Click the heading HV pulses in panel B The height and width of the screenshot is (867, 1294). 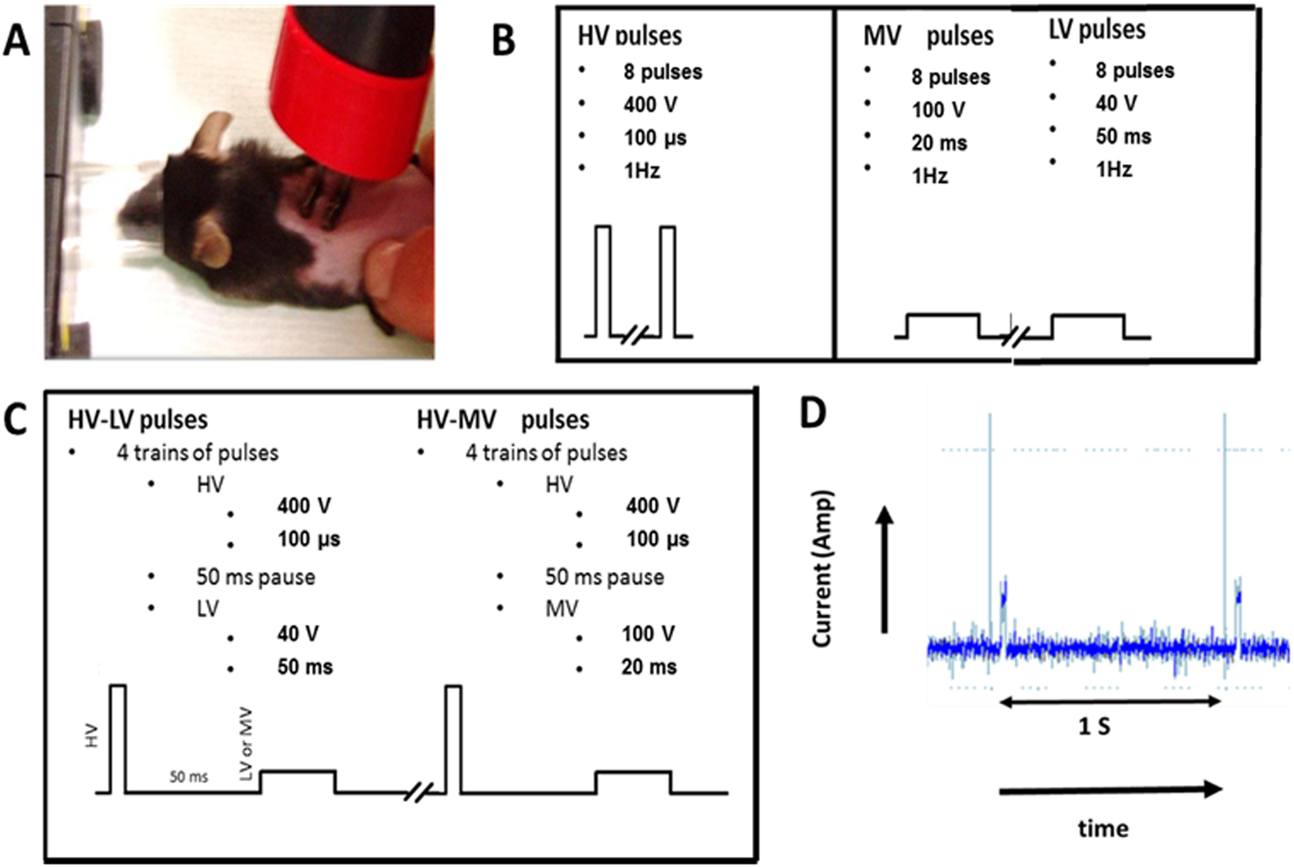click(629, 36)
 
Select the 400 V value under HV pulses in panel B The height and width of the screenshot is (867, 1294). click(650, 104)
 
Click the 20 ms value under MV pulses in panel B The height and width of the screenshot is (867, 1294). click(939, 143)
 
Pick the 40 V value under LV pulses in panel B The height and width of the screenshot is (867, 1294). click(1116, 103)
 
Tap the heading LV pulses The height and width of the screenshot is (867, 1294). click(1096, 30)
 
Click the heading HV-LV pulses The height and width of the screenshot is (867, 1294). click(139, 420)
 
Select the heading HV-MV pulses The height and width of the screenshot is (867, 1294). click(502, 420)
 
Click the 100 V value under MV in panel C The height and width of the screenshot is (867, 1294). click(648, 633)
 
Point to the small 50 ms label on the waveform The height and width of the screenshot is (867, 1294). click(189, 778)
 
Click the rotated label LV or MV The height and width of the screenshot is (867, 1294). click(247, 752)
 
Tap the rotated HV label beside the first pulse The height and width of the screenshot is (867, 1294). click(93, 736)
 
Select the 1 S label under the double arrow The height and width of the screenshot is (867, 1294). click(1094, 727)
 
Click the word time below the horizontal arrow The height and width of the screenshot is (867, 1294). click(1103, 829)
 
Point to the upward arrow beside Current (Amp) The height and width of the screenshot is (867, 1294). click(885, 569)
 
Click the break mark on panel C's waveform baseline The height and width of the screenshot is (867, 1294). click(418, 793)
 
